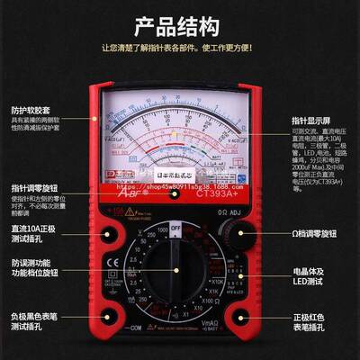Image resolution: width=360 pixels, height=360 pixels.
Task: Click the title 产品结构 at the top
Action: coord(180,24)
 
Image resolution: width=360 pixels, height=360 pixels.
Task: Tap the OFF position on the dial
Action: coord(177,229)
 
